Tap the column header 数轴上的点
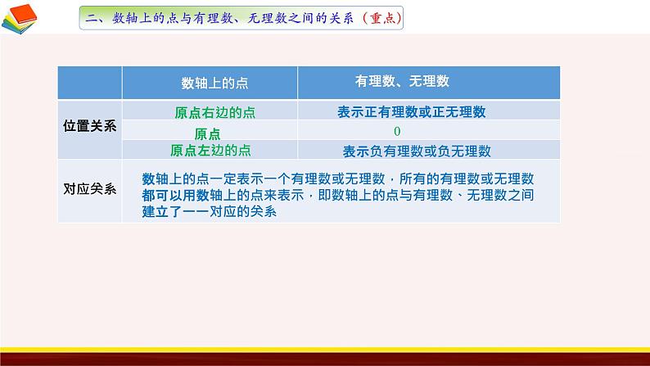tap(209, 82)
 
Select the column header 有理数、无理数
tap(402, 81)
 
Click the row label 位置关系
tap(90, 126)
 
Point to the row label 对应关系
tap(90, 188)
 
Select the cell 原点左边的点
tap(210, 150)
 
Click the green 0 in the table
tap(396, 131)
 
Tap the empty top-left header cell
tap(90, 82)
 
